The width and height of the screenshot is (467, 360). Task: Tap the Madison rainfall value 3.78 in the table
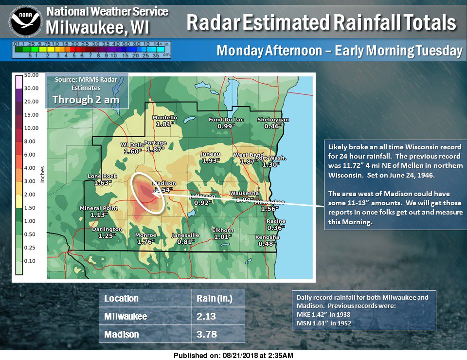click(x=206, y=334)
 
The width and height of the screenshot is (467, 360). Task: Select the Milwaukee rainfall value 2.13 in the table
click(x=206, y=316)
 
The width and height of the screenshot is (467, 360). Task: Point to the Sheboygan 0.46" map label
click(x=273, y=123)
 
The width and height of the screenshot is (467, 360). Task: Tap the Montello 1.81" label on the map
click(x=165, y=121)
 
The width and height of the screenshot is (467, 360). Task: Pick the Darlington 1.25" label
click(x=107, y=232)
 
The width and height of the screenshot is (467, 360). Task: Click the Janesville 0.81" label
click(x=186, y=238)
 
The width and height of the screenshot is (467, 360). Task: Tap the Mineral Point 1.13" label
click(x=98, y=211)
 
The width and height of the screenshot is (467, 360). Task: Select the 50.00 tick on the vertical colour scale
click(x=32, y=75)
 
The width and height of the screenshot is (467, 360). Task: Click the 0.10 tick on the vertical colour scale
click(x=32, y=261)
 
